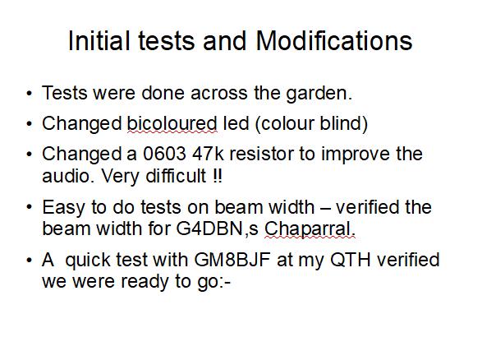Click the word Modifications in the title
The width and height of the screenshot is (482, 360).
pos(334,40)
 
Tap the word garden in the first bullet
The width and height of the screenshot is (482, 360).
pos(319,94)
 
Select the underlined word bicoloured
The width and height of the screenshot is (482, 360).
pos(172,123)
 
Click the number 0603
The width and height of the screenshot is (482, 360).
pos(164,154)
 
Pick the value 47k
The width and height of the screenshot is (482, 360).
pos(209,154)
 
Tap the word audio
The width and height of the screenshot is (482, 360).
pos(68,176)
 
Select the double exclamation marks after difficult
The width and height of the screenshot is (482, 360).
pos(217,176)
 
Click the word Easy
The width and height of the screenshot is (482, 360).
pos(64,207)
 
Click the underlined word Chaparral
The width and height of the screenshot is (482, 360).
pos(310,229)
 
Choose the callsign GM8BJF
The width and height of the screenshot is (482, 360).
pos(232,260)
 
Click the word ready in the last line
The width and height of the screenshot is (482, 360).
pos(145,282)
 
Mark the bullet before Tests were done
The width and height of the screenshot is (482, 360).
pos(29,93)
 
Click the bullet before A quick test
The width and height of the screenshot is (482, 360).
pos(29,260)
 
